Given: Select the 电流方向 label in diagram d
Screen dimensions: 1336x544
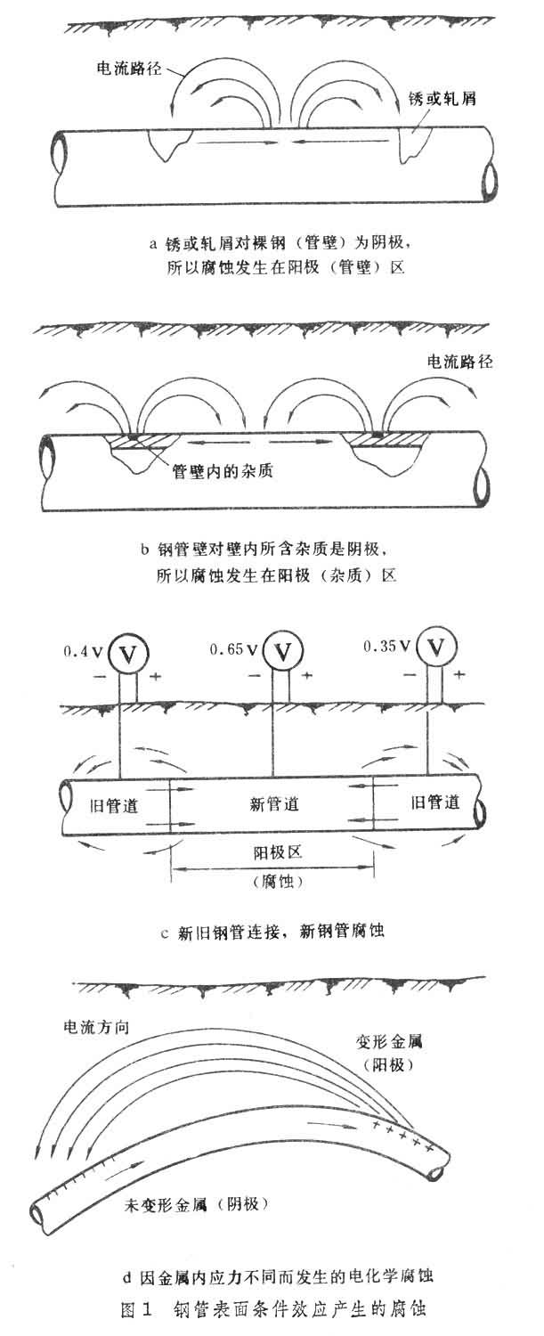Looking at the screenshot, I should pos(93,1027).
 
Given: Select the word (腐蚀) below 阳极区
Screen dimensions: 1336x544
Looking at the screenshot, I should pos(272,882).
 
